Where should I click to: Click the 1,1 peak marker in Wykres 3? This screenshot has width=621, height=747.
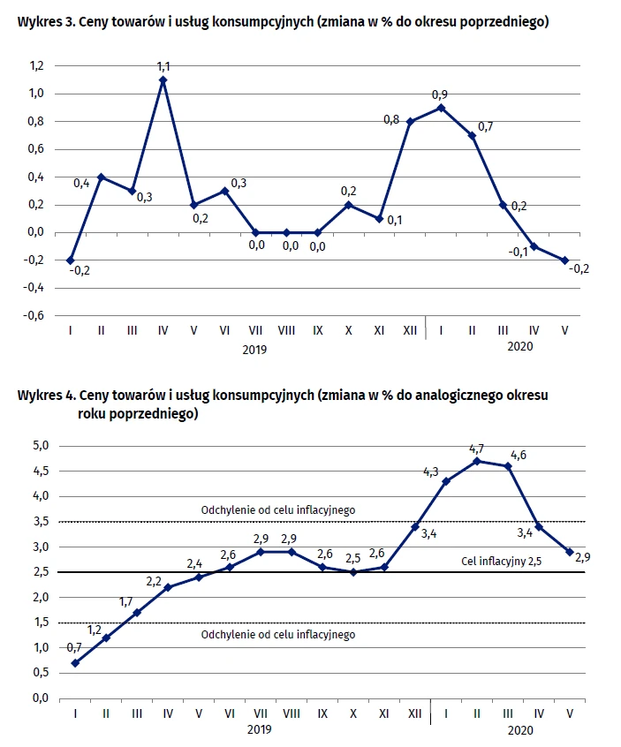(x=163, y=80)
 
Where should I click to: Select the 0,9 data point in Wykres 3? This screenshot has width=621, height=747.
(x=441, y=108)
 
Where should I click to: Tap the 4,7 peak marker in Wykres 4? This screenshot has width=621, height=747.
(x=477, y=461)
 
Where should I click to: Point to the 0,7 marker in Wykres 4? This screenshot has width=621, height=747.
(x=75, y=663)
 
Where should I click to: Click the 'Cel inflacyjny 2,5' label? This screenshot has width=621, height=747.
(x=502, y=561)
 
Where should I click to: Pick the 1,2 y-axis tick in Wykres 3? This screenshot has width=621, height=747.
(x=37, y=65)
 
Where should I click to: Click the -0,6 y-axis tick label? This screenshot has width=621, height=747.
(x=34, y=315)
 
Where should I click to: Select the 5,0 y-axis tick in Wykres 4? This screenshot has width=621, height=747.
(x=41, y=445)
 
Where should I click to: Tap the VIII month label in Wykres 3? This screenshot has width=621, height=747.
(x=286, y=330)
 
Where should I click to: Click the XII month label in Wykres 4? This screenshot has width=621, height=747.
(x=414, y=713)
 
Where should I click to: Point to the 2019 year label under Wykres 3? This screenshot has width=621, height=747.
(x=254, y=350)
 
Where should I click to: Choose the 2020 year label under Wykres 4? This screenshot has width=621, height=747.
(x=520, y=730)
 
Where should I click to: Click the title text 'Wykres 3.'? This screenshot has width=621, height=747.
(x=46, y=22)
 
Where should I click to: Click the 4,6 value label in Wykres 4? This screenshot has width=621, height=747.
(x=519, y=455)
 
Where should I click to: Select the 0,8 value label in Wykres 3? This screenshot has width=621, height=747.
(x=391, y=119)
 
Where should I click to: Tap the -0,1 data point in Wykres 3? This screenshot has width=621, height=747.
(x=534, y=246)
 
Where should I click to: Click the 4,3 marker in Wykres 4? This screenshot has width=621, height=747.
(x=446, y=481)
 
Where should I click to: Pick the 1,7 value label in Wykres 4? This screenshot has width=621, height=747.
(x=125, y=601)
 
